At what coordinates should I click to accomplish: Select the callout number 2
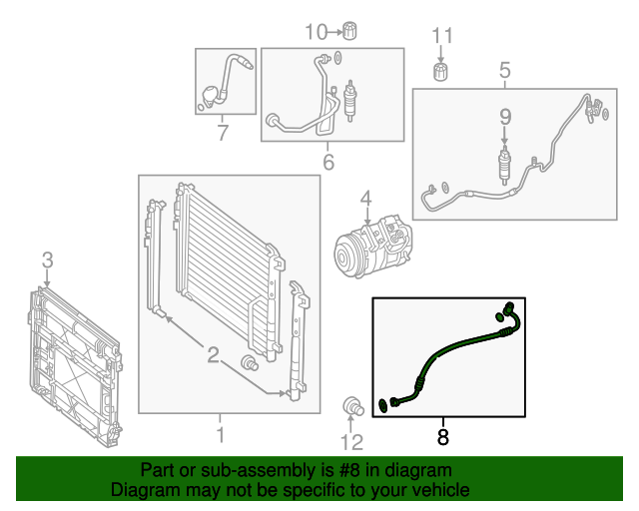pyautogui.click(x=213, y=354)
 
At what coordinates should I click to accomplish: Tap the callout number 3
pyautogui.click(x=47, y=261)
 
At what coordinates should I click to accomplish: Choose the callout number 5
pyautogui.click(x=504, y=70)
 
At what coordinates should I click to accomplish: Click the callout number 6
pyautogui.click(x=327, y=162)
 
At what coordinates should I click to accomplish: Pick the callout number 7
pyautogui.click(x=223, y=131)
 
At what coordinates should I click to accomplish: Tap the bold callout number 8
pyautogui.click(x=443, y=435)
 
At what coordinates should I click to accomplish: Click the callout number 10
pyautogui.click(x=316, y=32)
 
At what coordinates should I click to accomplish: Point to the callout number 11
pyautogui.click(x=442, y=37)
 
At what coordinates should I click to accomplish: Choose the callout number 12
pyautogui.click(x=351, y=442)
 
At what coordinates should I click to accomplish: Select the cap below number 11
pyautogui.click(x=440, y=72)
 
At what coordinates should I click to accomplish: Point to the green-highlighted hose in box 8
pyautogui.click(x=458, y=344)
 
